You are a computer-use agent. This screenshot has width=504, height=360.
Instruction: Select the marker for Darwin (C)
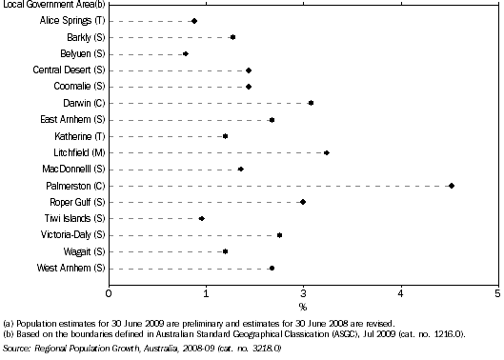[311, 103]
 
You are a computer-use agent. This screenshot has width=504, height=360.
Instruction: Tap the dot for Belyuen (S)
[185, 53]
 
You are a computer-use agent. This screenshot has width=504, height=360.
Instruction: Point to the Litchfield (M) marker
[326, 152]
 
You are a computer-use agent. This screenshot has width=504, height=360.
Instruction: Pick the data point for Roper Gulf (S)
[303, 202]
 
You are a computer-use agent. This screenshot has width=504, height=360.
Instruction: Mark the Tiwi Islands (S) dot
[201, 219]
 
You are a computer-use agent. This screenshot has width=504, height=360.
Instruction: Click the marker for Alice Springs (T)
[194, 21]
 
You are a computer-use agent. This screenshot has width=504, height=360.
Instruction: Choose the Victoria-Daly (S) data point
[279, 235]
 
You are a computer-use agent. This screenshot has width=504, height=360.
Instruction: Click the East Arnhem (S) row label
[72, 120]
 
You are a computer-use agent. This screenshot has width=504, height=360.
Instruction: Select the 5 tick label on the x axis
[497, 291]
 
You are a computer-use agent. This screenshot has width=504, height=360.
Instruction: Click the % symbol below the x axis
[303, 307]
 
